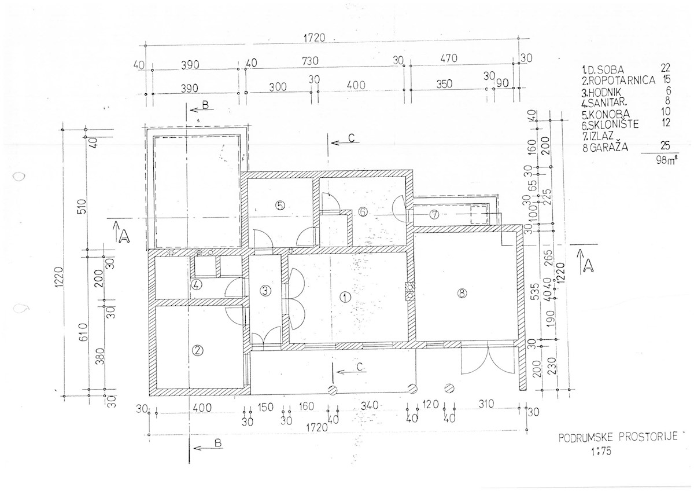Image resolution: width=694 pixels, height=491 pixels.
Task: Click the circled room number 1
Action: (x=345, y=298)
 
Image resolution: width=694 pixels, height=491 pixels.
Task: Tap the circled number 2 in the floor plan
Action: (x=197, y=351)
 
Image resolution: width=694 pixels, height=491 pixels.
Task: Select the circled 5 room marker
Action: (x=280, y=206)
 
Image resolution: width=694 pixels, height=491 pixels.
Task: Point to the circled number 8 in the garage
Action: (x=462, y=294)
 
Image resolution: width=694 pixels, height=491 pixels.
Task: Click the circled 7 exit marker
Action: (x=434, y=214)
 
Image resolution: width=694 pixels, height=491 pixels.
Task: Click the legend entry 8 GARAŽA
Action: (x=605, y=147)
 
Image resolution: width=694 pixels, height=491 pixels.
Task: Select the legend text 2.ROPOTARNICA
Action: (x=619, y=80)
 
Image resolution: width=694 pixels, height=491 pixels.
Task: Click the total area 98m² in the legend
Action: (x=666, y=160)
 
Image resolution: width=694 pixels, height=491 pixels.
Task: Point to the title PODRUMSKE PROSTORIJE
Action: (x=618, y=437)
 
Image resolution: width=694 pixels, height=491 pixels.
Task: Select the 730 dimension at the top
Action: (x=310, y=61)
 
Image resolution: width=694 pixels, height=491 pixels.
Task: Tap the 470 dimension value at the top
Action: (x=449, y=58)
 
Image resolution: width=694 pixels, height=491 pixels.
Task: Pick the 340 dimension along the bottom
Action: (x=370, y=405)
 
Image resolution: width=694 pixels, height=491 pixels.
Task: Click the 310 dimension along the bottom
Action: (x=486, y=404)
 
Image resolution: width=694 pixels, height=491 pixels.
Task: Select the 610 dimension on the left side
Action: (x=84, y=332)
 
